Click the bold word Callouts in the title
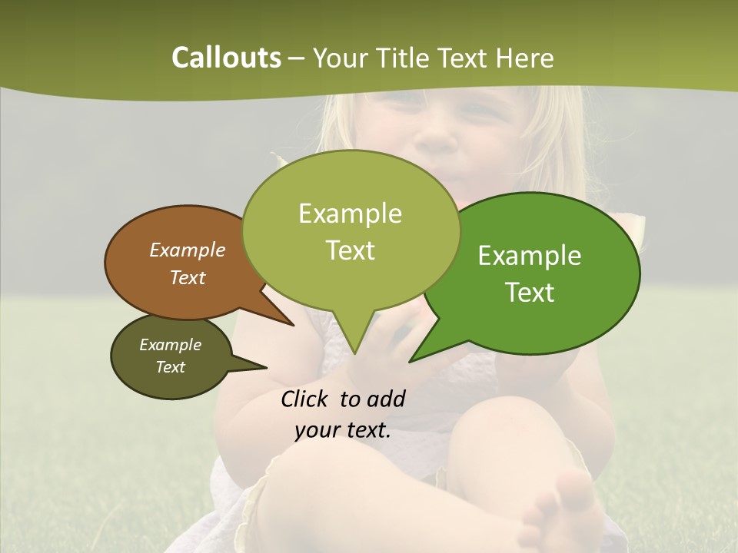click(226, 58)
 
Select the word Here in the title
click(525, 58)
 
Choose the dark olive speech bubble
click(171, 356)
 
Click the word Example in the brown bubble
click(187, 250)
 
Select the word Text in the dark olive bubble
click(170, 367)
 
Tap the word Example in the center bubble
click(350, 214)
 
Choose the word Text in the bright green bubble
click(530, 292)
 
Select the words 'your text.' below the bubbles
click(343, 430)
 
